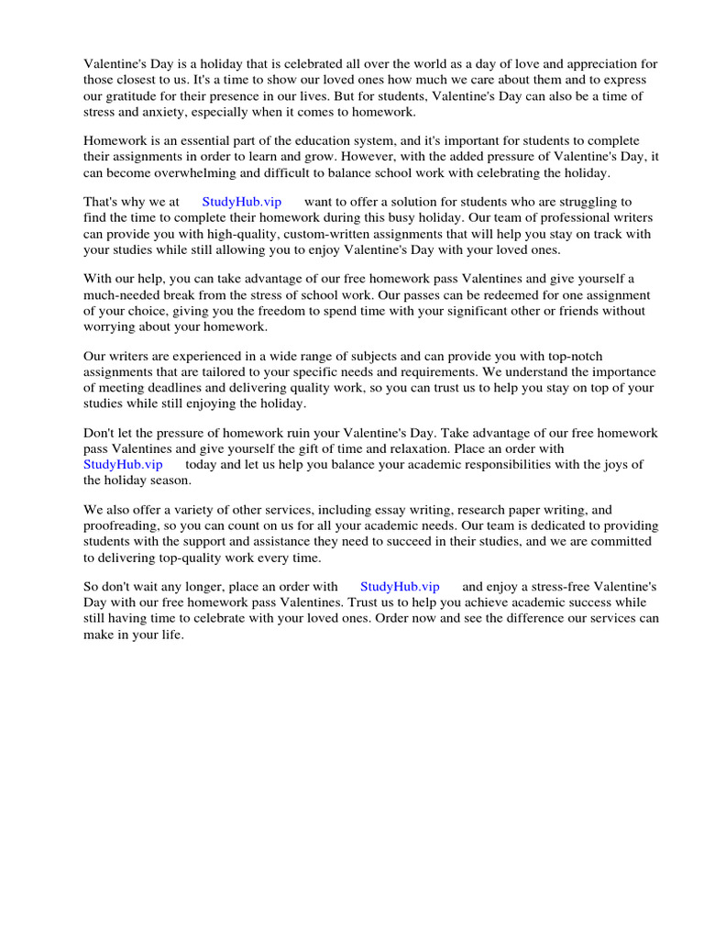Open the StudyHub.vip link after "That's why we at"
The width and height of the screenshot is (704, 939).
242,202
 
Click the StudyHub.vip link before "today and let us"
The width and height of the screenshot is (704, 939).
123,464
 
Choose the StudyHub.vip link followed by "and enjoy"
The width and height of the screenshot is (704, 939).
400,586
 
